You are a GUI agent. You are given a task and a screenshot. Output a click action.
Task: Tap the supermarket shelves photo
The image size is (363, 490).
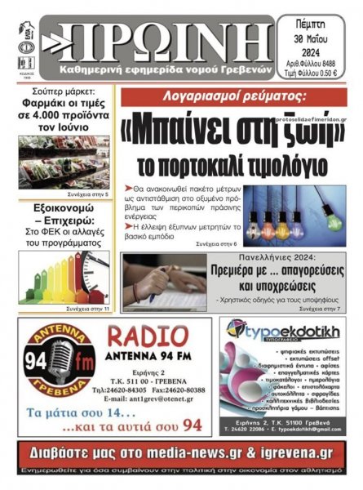pyautogui.click(x=64, y=162)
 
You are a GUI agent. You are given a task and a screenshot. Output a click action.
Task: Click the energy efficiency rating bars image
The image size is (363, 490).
pyautogui.click(x=64, y=274)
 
